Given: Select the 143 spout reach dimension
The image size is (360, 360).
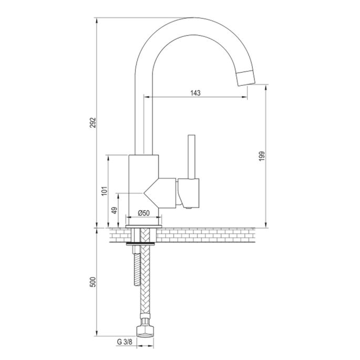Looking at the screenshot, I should click(195, 92).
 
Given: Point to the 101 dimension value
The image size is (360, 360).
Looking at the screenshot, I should click(105, 191).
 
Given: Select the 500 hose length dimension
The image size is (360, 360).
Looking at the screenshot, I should click(94, 282).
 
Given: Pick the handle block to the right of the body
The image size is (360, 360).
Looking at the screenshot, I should click(189, 192).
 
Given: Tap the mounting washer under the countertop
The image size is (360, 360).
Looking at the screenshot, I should click(143, 243).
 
